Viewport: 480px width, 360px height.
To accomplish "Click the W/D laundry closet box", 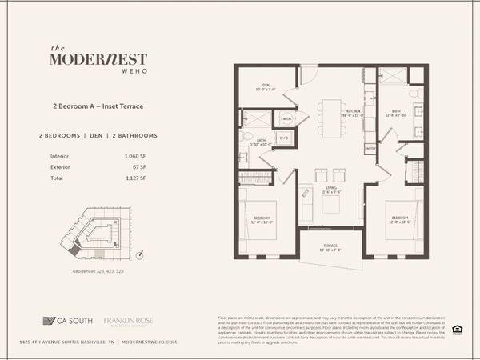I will point(284,137).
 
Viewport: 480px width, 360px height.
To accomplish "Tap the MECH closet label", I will point(286,118).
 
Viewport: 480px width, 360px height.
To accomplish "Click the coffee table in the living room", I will point(331,205).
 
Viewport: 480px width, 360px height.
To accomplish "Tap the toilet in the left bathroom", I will point(246,135).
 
